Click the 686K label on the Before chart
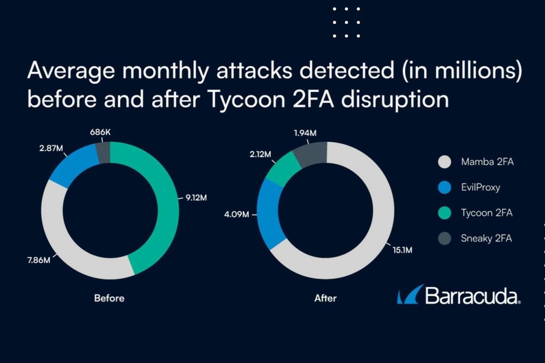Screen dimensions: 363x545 (100, 132)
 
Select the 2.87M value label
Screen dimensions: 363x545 (51, 148)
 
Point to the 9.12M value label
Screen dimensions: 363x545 (196, 197)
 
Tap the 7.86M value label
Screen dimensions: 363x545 (39, 260)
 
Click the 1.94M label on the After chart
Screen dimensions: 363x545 (305, 133)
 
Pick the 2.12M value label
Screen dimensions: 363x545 (261, 154)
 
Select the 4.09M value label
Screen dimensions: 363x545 (236, 215)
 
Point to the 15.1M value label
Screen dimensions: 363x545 (402, 250)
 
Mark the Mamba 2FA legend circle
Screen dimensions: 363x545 (444, 162)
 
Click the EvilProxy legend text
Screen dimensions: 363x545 (480, 187)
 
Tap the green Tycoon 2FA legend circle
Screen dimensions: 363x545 (444, 213)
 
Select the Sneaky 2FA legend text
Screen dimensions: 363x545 (486, 239)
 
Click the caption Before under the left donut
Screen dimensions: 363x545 (109, 298)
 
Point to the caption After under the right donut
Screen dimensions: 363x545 (325, 298)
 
